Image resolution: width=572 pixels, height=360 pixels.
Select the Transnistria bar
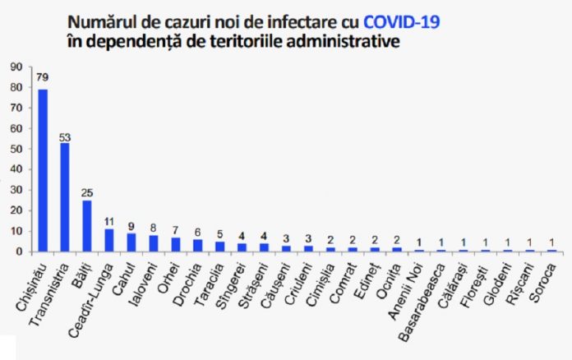click(65, 197)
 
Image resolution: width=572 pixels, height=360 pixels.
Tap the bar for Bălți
click(87, 226)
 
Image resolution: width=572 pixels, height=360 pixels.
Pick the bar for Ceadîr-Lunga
click(108, 240)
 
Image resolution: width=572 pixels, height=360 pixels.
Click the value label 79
click(43, 79)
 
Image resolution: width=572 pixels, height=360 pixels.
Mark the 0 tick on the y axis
click(18, 252)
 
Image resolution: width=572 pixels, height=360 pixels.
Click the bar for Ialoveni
click(153, 243)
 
